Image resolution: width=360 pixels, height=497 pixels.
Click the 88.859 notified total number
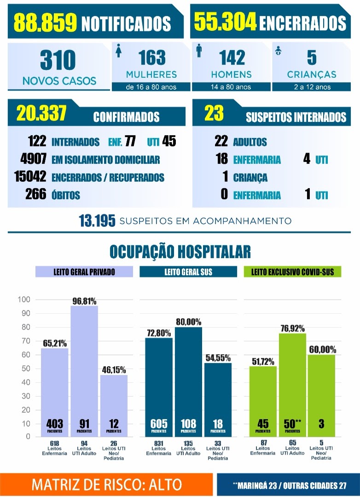click(46, 22)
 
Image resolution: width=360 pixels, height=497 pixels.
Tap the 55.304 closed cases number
click(225, 22)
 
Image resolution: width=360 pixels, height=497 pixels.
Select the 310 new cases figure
click(58, 60)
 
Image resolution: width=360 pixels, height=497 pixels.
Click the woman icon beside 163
click(119, 51)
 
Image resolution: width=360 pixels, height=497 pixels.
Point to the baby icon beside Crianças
click(278, 51)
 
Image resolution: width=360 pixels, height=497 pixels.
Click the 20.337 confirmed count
click(41, 113)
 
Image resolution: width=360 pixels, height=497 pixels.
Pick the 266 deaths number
click(36, 194)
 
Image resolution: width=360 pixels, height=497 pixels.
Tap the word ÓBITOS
click(66, 195)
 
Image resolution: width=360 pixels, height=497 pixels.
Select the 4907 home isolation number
click(33, 158)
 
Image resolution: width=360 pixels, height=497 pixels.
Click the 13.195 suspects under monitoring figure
click(97, 221)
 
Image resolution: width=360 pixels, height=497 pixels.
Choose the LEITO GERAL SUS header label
click(188, 272)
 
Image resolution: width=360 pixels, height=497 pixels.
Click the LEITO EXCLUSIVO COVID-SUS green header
click(292, 272)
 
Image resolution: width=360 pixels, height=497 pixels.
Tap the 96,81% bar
click(84, 371)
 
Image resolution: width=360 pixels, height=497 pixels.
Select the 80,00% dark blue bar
click(188, 382)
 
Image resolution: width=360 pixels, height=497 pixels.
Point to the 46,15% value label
click(114, 370)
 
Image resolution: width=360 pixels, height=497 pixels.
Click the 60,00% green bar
click(321, 396)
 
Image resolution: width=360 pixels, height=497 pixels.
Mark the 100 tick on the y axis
click(24, 299)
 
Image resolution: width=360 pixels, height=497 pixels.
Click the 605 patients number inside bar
click(158, 424)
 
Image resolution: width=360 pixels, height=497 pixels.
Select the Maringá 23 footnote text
click(256, 485)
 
